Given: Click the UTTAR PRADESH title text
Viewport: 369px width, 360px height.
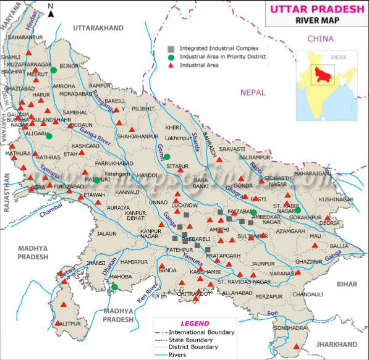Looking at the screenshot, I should (x=314, y=9).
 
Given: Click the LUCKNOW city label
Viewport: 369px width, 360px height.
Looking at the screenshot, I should (x=185, y=204).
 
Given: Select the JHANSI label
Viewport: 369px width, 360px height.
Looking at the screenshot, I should (x=96, y=262).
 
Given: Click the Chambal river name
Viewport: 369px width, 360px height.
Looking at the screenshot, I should (x=51, y=213).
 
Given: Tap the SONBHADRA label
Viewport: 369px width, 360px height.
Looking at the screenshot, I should (x=292, y=330).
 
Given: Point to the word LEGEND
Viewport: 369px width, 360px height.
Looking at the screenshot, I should (x=194, y=323).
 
